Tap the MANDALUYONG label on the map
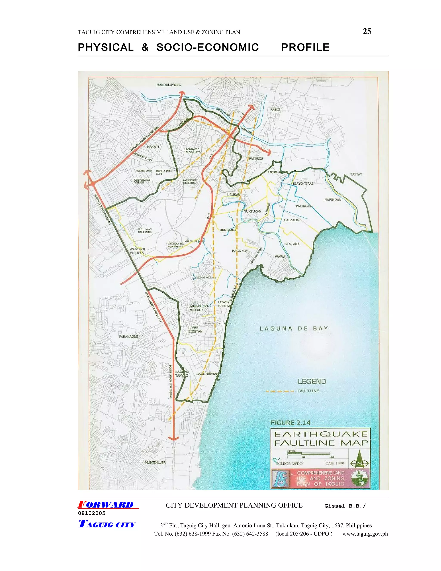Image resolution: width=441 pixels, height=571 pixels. [x=169, y=85]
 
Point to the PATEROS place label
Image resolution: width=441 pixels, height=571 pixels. [x=256, y=158]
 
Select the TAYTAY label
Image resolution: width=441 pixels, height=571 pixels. [x=356, y=174]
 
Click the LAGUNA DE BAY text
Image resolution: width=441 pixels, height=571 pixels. [x=294, y=329]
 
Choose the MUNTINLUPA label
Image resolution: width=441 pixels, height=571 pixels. [x=155, y=462]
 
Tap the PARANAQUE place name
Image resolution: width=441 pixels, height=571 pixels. [x=129, y=337]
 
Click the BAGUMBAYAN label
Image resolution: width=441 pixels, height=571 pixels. [x=207, y=374]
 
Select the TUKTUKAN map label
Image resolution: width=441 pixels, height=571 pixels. [x=253, y=211]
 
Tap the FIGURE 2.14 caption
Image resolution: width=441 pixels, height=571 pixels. [x=290, y=423]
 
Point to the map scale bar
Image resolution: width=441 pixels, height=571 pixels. [x=308, y=454]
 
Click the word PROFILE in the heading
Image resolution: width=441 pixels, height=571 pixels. [x=305, y=47]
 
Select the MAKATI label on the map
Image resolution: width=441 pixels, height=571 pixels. [x=153, y=147]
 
